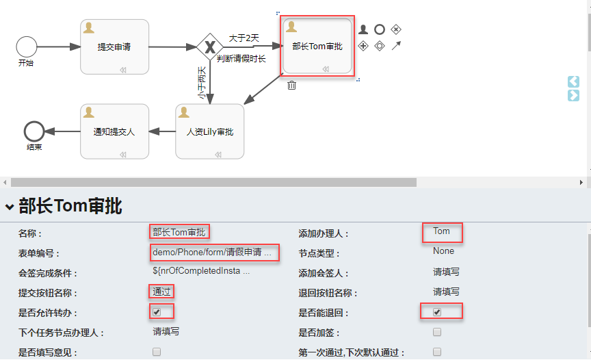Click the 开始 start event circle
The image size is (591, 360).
[x=27, y=47]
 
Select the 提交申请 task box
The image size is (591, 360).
[x=114, y=47]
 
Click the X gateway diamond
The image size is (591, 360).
[x=209, y=47]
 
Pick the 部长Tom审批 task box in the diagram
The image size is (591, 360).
[x=317, y=47]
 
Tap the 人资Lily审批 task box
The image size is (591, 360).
[x=210, y=131]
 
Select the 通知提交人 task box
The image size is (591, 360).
[x=114, y=131]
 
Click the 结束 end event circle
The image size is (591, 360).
[x=34, y=131]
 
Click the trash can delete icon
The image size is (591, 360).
[x=292, y=85]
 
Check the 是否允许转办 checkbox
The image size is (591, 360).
[x=157, y=312]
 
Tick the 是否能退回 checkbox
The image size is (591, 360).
[x=437, y=312]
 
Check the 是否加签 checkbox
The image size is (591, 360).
[x=437, y=332]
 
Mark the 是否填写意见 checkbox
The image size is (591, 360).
[x=157, y=352]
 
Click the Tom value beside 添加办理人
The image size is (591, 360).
[x=441, y=231]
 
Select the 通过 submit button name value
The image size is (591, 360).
[x=161, y=292]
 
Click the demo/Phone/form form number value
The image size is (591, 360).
[x=212, y=252]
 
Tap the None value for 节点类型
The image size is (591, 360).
[x=443, y=251]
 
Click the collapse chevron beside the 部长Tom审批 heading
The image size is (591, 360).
[x=10, y=206]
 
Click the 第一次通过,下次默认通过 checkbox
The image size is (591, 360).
[x=437, y=352]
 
